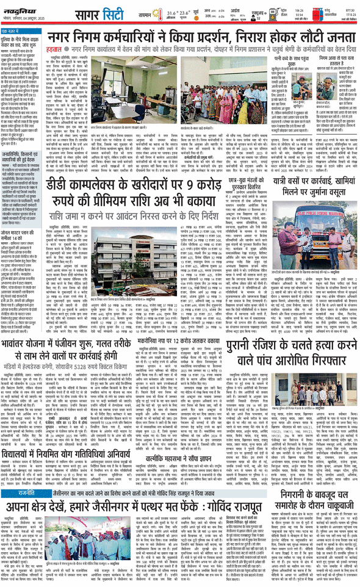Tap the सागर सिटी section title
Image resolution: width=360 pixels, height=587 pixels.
click(94, 14)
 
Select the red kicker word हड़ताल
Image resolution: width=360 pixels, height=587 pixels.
click(56, 45)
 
